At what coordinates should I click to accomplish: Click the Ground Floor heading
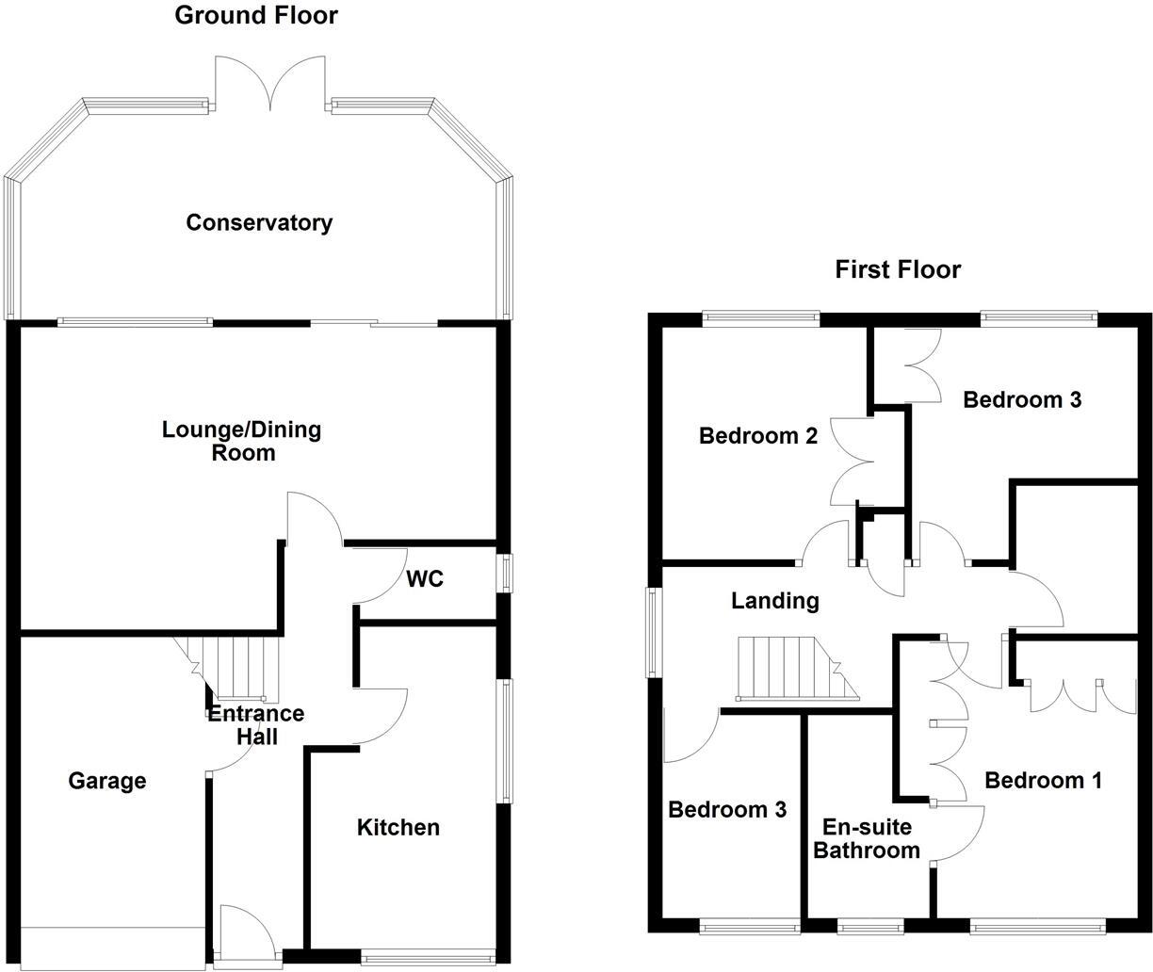pos(256,15)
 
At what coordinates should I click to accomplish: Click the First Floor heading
pos(898,270)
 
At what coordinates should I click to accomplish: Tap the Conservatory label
pos(259,223)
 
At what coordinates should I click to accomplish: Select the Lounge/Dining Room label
pos(242,441)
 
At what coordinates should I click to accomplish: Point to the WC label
pos(425,579)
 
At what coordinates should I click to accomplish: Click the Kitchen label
pos(398,828)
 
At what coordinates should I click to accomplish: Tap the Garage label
pos(107,781)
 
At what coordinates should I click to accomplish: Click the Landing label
pos(775,601)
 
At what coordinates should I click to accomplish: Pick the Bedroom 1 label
pos(1043,781)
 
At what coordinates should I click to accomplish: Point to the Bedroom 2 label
pos(757,436)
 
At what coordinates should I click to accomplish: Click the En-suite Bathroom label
pos(867,839)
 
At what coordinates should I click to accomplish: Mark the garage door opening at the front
pos(111,948)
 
